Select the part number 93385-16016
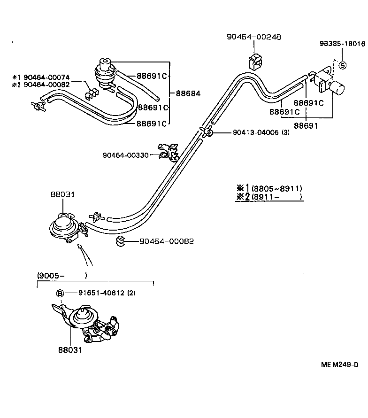tap(342, 44)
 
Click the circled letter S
tap(342, 65)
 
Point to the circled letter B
tap(60, 294)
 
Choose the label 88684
tap(188, 93)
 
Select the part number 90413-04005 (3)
tap(261, 133)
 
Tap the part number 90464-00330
tap(125, 155)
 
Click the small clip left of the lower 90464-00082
tap(120, 241)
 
